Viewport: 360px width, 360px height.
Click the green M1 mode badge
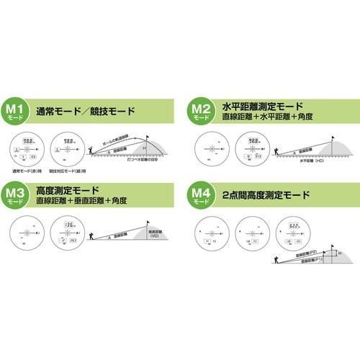pyautogui.click(x=18, y=112)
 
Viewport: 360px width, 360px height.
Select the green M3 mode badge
pyautogui.click(x=18, y=195)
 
